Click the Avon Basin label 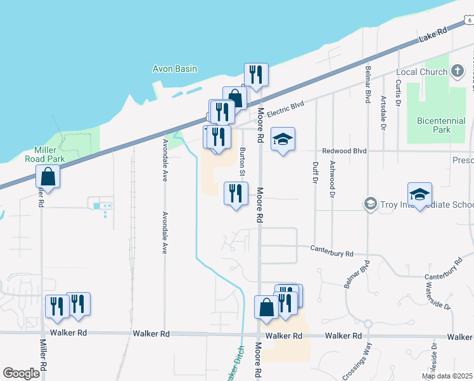coord(175,69)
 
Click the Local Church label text coord(421,72)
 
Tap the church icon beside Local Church coord(458,72)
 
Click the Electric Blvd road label coord(286,109)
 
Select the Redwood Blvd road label coord(345,151)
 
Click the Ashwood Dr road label coord(331,178)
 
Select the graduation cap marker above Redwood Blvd coord(283,139)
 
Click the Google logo coord(22,373)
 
